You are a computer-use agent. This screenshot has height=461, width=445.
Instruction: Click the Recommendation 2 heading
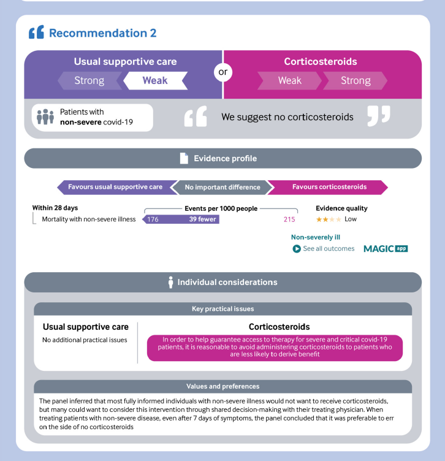(102, 33)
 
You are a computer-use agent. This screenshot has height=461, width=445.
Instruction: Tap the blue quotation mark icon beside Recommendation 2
(36, 32)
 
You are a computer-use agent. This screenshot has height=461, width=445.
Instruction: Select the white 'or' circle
(222, 72)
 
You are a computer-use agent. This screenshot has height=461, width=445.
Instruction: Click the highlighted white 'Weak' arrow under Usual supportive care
(154, 80)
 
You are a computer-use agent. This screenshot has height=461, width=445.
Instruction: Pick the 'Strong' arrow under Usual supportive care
(89, 80)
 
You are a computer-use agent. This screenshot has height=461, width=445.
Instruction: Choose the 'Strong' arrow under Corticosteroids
(356, 80)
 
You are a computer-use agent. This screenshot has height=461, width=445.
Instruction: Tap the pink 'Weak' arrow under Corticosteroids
(290, 80)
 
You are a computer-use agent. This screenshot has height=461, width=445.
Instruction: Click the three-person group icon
(45, 116)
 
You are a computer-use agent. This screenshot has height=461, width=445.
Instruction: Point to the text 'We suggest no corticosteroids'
(287, 116)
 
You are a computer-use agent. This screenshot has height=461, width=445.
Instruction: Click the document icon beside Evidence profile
(184, 158)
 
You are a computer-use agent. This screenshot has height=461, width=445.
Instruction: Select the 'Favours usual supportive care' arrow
(115, 187)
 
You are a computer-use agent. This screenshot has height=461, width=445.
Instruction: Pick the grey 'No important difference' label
(222, 187)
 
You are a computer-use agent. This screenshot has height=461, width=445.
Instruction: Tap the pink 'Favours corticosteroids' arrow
(329, 187)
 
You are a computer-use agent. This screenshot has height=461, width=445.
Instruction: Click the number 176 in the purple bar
(153, 219)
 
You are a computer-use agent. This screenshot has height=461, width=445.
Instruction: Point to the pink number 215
(289, 219)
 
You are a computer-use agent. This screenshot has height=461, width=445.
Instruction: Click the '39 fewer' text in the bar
(202, 219)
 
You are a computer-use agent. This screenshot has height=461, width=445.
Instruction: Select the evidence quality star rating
(329, 219)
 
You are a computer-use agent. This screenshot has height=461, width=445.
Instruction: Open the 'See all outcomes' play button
(297, 249)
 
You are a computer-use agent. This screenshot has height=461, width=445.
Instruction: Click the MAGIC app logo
(386, 248)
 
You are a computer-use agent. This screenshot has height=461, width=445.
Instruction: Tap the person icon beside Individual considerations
(171, 282)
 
